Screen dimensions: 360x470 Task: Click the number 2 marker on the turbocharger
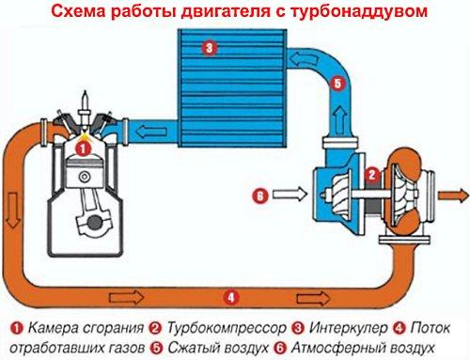372,175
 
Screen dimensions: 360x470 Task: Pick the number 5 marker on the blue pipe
337,83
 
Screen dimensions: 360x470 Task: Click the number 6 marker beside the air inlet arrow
262,196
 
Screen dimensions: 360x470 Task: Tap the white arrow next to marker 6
290,196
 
